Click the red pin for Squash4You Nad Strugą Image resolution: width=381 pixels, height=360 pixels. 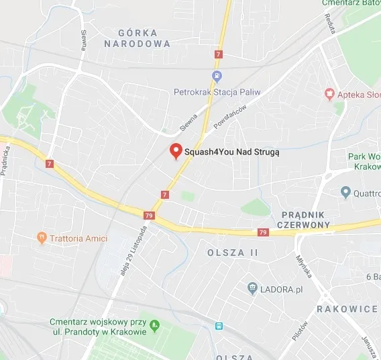click(x=176, y=151)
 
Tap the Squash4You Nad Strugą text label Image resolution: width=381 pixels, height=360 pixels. click(x=231, y=152)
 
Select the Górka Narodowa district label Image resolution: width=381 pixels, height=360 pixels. click(x=138, y=38)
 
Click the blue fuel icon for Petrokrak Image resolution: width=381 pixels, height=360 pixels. click(x=217, y=77)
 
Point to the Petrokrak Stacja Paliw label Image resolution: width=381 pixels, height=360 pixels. click(x=216, y=91)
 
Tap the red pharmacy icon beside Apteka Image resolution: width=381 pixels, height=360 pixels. click(x=329, y=94)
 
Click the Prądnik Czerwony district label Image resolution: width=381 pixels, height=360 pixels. click(x=303, y=219)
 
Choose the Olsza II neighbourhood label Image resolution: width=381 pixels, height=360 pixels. click(x=233, y=253)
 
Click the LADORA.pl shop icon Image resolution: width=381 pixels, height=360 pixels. click(x=252, y=288)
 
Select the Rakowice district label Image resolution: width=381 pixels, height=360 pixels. click(x=347, y=309)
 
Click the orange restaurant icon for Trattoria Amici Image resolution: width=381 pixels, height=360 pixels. click(x=42, y=237)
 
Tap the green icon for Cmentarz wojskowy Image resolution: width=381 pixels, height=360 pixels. click(x=155, y=326)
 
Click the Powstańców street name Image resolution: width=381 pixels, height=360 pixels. click(x=231, y=116)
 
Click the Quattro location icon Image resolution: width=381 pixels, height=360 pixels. click(x=345, y=193)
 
